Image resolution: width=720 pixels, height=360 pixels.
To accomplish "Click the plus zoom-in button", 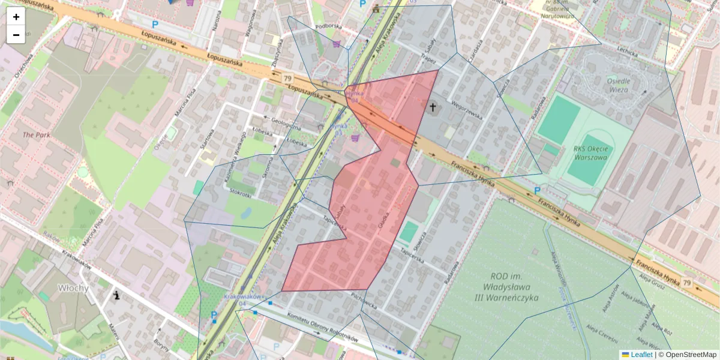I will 16,17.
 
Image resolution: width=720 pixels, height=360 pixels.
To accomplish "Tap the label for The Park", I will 36,135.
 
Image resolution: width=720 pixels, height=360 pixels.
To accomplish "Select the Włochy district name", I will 73,288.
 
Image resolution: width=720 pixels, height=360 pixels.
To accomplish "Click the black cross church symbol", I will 433,107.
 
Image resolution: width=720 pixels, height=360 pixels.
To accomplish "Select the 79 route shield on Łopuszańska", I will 287,79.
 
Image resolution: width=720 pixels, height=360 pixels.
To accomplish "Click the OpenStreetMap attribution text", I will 691,355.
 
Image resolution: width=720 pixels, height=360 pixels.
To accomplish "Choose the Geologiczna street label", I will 286,123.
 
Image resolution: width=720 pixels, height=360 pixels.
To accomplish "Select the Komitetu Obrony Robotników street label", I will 323,328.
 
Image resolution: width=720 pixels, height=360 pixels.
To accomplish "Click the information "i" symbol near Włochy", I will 116,295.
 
